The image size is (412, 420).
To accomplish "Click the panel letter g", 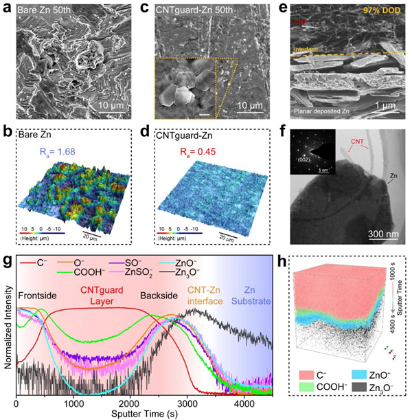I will (x=8, y=260).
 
